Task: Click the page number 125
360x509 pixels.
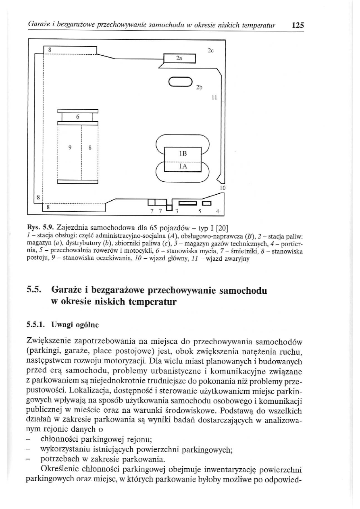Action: point(298,25)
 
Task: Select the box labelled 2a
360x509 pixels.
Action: point(179,58)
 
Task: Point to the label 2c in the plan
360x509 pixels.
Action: point(211,51)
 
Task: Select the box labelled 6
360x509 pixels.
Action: point(77,117)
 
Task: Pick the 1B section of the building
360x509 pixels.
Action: point(183,155)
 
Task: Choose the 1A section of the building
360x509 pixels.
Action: point(183,167)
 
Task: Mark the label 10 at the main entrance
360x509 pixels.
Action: point(223,188)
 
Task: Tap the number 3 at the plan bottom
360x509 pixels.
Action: point(176,211)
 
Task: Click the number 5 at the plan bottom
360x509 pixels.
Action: point(200,211)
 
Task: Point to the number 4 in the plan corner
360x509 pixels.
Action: point(218,211)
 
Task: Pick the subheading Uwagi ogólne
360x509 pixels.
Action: point(75,325)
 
